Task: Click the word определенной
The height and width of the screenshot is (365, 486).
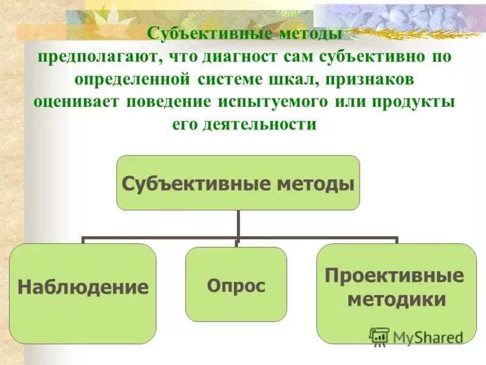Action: (129, 79)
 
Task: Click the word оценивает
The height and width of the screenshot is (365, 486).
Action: (76, 102)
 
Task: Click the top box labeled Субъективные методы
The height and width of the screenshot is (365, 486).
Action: (238, 182)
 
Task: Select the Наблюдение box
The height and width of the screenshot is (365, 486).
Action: (83, 287)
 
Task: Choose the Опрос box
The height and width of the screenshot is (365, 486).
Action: (236, 285)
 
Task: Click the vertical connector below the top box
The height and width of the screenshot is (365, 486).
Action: (238, 224)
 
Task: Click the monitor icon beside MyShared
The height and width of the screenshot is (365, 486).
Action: (379, 336)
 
